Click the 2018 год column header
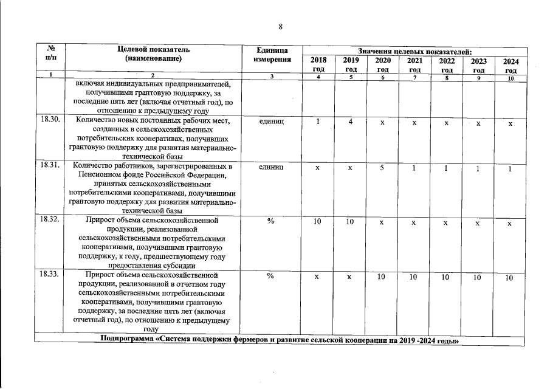point(318,65)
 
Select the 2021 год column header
point(414,66)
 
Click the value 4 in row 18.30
point(351,122)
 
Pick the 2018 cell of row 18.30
point(318,121)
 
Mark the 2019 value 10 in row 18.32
point(350,222)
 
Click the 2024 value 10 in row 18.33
point(509,278)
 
